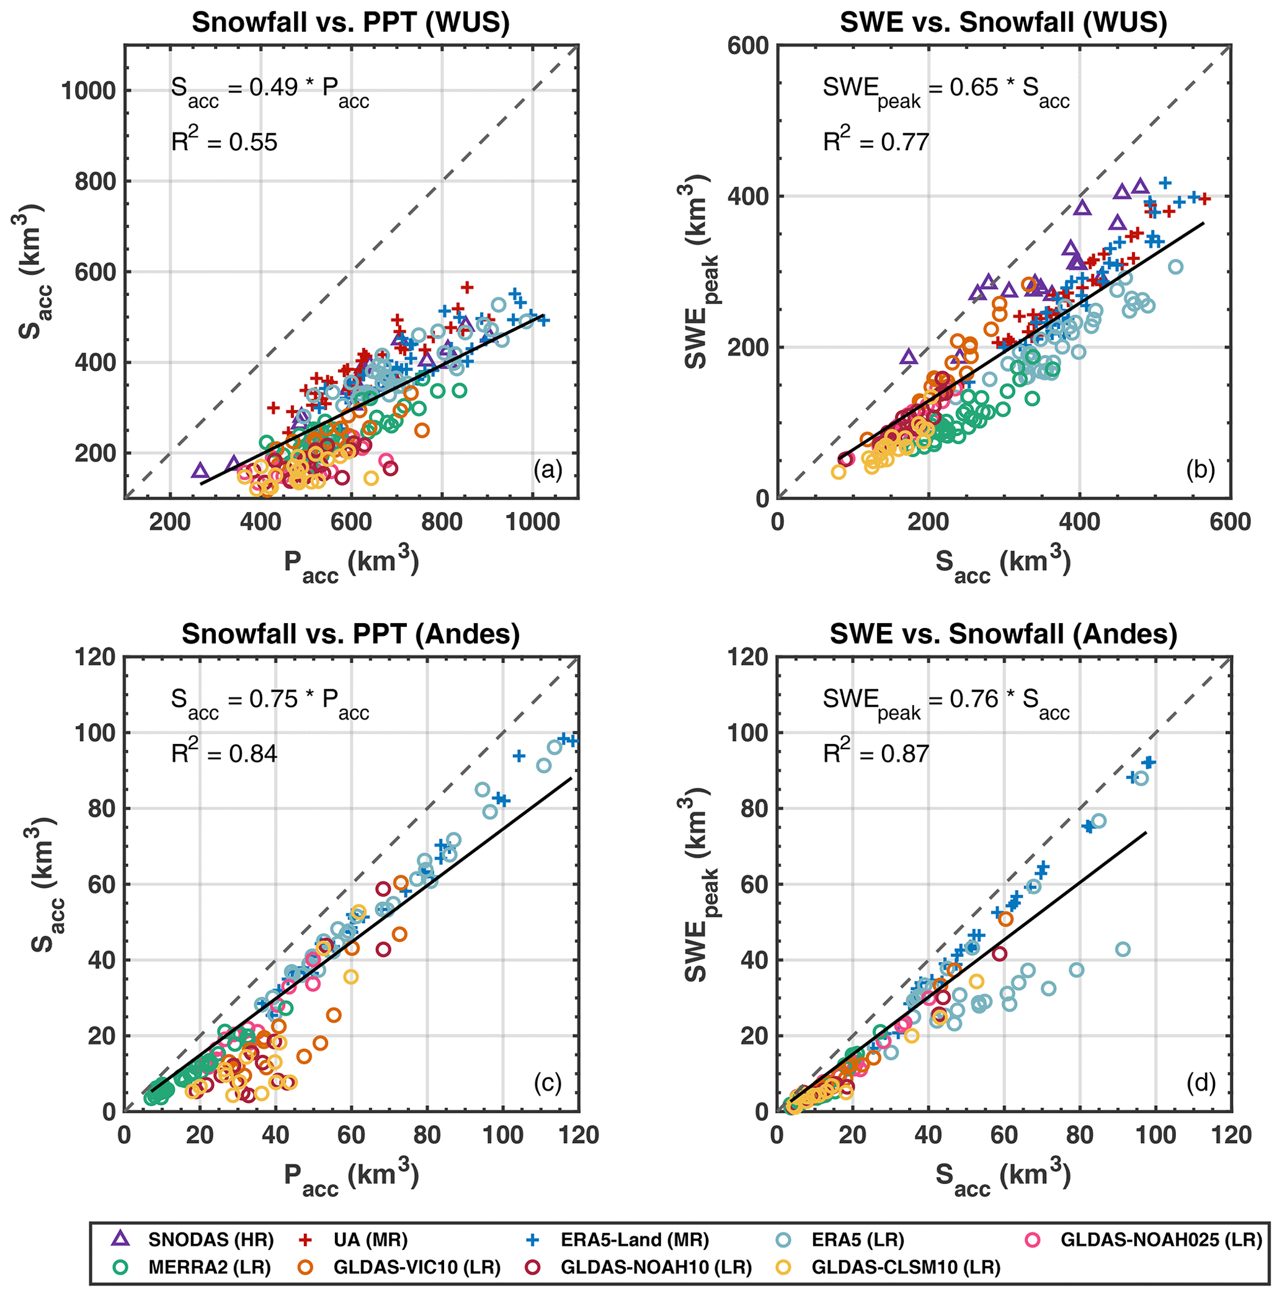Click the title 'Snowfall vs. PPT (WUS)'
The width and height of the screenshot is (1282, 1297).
(x=350, y=22)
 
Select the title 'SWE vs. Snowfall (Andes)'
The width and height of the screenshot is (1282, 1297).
(x=1003, y=634)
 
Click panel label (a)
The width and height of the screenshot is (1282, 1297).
(x=548, y=470)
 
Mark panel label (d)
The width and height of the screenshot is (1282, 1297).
(x=1200, y=1082)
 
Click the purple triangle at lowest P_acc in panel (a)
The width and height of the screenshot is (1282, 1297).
(x=199, y=470)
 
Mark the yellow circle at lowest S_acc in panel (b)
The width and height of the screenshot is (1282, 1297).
(x=838, y=472)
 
